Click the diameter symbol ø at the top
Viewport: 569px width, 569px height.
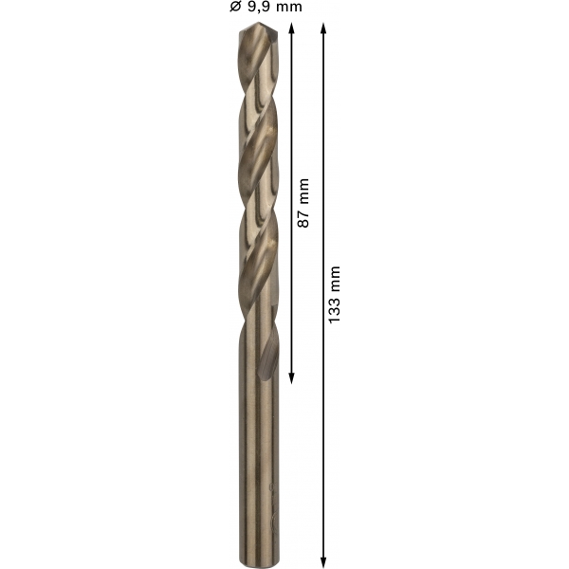click(235, 7)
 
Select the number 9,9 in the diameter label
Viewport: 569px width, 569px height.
click(258, 7)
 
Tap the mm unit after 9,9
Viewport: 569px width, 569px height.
click(287, 8)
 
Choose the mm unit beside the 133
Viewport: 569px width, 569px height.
click(334, 279)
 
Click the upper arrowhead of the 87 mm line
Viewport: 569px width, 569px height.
click(291, 28)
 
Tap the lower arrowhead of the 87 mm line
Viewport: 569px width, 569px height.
click(291, 378)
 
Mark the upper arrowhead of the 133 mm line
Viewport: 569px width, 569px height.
click(323, 28)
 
